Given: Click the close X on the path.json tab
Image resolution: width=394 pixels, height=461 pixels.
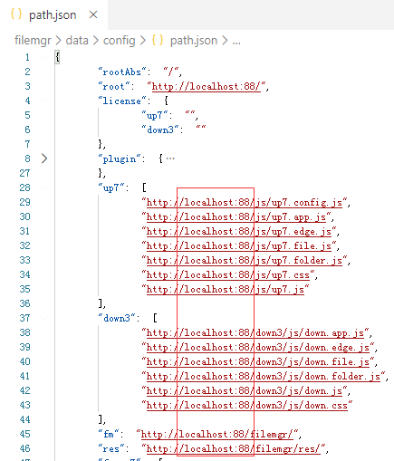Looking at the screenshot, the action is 93,14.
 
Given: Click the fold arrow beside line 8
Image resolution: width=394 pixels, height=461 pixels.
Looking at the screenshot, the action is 44,158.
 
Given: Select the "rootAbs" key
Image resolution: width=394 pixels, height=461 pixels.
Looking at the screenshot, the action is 122,72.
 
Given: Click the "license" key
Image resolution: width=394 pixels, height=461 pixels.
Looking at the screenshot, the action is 122,101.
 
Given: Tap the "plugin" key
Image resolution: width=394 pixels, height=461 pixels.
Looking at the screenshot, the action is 120,158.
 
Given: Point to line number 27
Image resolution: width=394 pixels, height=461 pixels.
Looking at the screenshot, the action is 24,173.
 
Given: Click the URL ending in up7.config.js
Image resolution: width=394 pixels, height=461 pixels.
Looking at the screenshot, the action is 245,202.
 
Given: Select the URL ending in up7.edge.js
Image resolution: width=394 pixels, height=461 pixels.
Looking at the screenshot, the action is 239,231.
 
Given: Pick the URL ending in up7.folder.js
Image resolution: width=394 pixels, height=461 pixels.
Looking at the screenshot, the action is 245,260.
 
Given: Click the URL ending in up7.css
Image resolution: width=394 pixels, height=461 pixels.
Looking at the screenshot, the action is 228,274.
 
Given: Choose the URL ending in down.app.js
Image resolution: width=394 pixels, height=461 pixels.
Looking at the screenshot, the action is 255,332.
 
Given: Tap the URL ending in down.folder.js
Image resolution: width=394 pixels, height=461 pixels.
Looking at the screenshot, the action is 264,376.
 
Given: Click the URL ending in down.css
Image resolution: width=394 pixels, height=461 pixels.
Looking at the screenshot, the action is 247,405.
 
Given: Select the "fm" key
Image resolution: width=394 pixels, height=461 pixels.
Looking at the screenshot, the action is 109,434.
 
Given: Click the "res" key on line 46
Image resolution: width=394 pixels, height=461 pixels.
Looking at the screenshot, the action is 111,448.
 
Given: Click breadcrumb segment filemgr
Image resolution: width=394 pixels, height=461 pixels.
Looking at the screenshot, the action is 33,40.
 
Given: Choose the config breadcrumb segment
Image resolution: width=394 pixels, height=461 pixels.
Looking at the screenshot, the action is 120,40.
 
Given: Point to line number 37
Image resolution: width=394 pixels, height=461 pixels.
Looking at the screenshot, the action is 24,318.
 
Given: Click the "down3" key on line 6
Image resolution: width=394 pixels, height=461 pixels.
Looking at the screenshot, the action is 160,130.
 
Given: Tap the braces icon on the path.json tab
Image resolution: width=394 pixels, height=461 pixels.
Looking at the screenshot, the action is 16,14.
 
